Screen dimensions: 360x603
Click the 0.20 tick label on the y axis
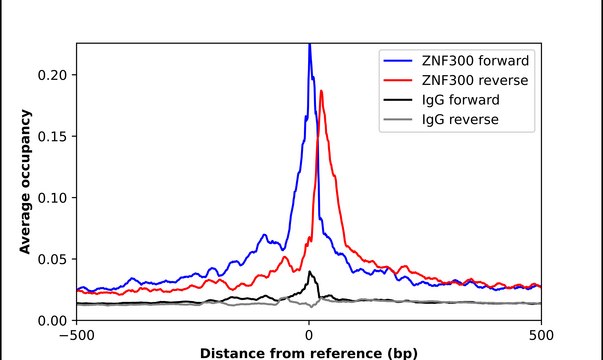pos(52,75)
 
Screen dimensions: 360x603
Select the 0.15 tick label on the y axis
pos(52,136)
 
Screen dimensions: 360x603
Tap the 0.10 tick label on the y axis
pos(52,198)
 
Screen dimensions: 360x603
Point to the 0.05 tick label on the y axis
pos(52,259)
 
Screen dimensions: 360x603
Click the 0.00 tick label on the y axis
pos(52,320)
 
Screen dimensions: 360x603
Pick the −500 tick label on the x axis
pos(77,336)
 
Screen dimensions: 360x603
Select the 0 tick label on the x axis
pos(309,336)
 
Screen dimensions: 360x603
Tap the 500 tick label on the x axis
pos(540,336)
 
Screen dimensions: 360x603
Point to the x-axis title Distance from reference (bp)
pos(308,353)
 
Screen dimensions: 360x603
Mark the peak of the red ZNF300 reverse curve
pos(322,92)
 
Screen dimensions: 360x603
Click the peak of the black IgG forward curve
pos(310,272)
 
